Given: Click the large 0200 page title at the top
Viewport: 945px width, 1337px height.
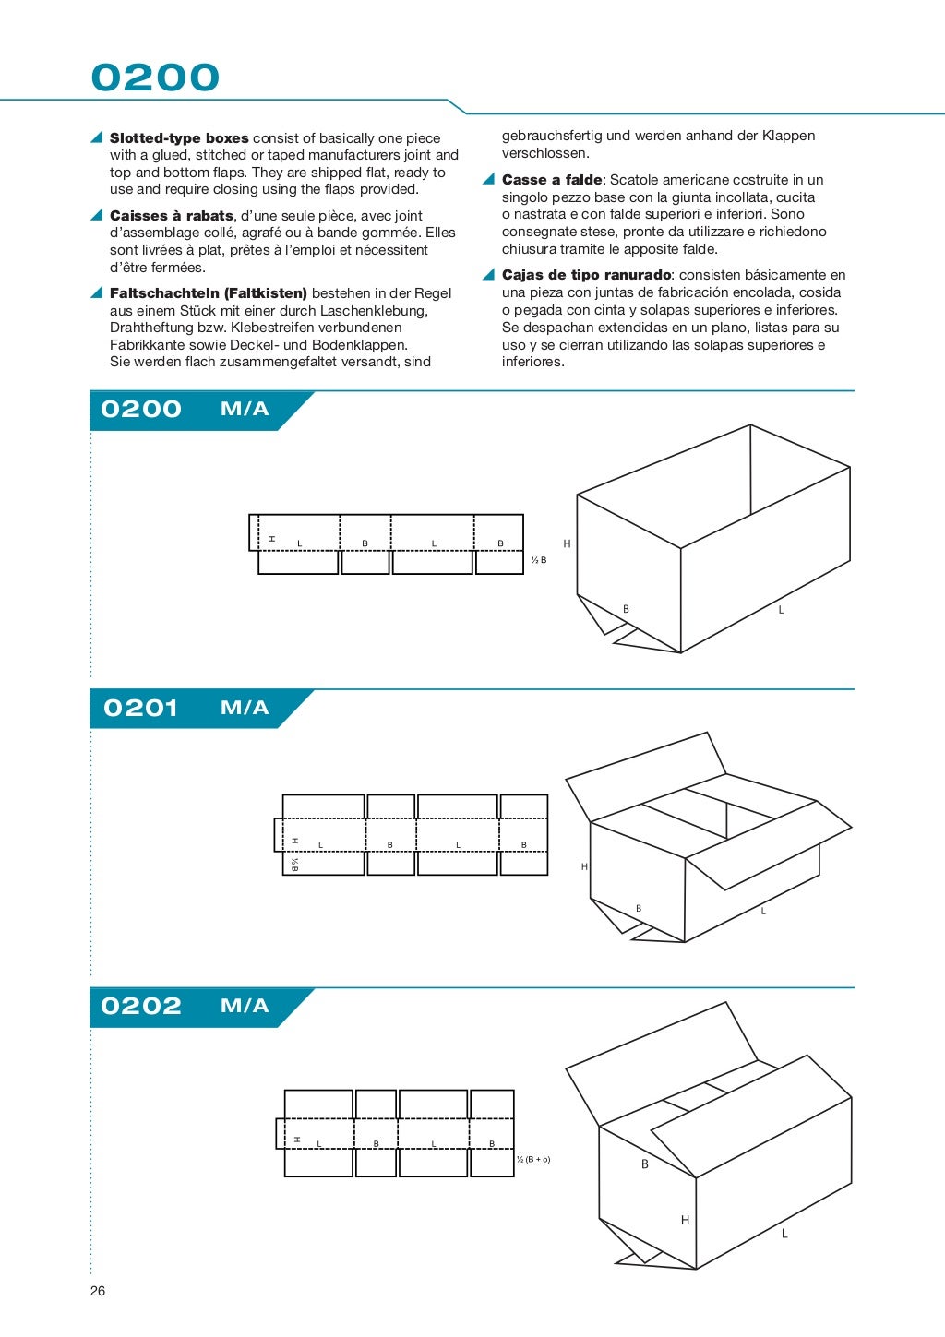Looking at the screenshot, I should (x=155, y=78).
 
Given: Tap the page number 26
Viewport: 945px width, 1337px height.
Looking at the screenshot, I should (x=98, y=1291).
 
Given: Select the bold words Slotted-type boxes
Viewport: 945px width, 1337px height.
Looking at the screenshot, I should (x=179, y=138).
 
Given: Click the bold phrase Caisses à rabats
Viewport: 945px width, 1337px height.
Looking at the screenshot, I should (x=172, y=216).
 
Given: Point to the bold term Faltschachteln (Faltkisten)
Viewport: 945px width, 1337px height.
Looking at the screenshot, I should (x=208, y=293).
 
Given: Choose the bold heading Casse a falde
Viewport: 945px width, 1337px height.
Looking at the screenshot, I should (x=552, y=180).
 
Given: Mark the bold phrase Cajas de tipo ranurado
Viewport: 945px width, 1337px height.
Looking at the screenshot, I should (x=586, y=275).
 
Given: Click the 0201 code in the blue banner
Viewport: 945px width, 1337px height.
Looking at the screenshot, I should (x=140, y=708).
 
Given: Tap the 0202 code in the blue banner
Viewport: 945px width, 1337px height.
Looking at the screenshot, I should (x=141, y=1006).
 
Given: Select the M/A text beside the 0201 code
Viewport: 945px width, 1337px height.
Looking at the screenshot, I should (x=245, y=708).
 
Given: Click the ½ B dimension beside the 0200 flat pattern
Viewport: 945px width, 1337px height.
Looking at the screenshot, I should (x=539, y=560).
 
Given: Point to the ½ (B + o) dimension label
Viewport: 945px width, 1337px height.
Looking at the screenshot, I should (x=533, y=1159).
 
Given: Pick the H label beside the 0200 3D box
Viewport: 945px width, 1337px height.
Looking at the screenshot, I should (x=567, y=543).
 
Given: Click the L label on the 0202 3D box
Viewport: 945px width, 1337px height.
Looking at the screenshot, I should (x=784, y=1234).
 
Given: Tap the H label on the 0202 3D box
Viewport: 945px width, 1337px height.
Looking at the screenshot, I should (x=685, y=1220).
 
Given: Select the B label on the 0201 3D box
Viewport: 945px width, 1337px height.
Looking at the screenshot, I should (x=639, y=909).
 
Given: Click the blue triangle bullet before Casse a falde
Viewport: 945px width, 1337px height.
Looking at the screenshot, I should (x=488, y=179).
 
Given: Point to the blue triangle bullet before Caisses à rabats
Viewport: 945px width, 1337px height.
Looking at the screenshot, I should (x=96, y=215).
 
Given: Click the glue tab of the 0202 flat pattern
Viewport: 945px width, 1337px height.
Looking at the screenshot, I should (x=280, y=1133).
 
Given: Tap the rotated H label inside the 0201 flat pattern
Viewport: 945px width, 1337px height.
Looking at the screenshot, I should (x=295, y=841).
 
